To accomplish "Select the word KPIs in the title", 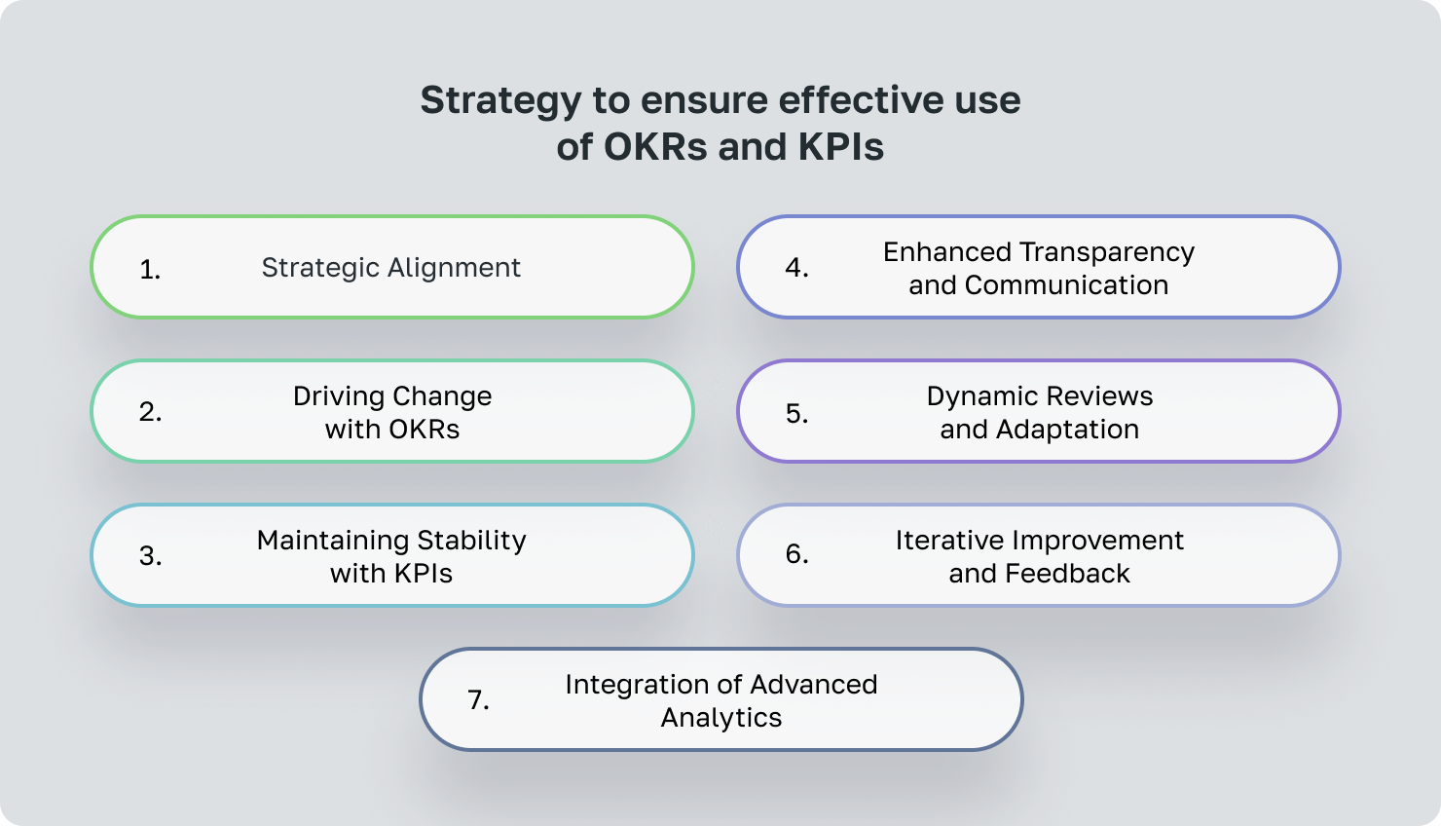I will click(x=841, y=147).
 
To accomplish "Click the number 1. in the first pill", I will click(x=150, y=270).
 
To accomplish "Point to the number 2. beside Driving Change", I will click(x=150, y=412).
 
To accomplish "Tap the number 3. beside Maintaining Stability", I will click(x=150, y=556).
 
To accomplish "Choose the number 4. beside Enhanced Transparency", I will click(x=796, y=268).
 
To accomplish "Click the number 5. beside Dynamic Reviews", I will click(x=796, y=413).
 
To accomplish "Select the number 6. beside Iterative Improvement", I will click(x=796, y=554).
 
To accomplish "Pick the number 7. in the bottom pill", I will click(x=478, y=700).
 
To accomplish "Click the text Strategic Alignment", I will click(x=390, y=268).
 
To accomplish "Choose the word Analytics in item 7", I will click(x=721, y=718).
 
